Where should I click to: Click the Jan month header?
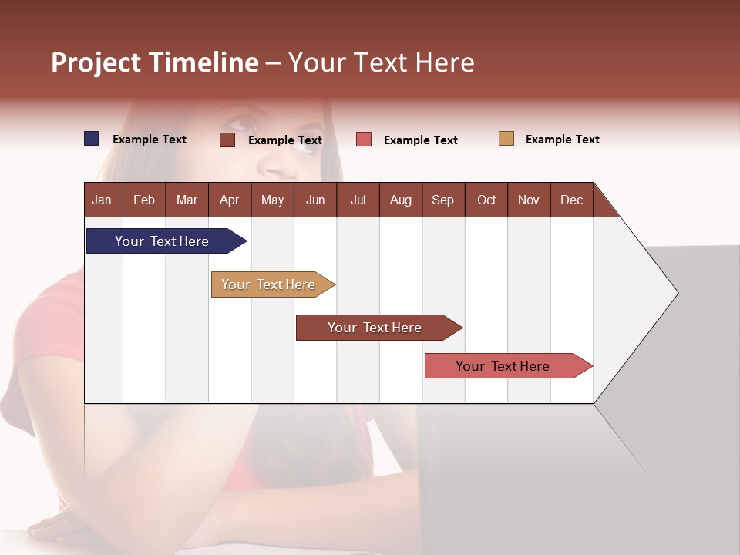tap(102, 200)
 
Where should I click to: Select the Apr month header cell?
tap(229, 200)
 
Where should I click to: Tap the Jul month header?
tap(358, 200)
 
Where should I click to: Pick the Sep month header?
tap(442, 200)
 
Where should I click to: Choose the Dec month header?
tap(571, 200)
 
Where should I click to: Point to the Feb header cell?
tap(144, 200)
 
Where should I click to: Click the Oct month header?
tap(486, 200)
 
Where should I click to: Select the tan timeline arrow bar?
tap(270, 284)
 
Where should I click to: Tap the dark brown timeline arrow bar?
tap(375, 328)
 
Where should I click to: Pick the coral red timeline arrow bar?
tap(505, 366)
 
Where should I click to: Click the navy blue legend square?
tap(92, 139)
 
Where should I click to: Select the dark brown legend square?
tap(227, 140)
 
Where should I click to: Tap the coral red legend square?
tap(364, 140)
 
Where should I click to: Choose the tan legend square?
tap(506, 139)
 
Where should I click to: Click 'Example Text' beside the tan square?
tap(562, 140)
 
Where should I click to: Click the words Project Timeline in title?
tap(155, 62)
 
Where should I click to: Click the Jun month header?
tap(315, 200)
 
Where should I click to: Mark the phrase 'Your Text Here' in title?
tap(382, 62)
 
